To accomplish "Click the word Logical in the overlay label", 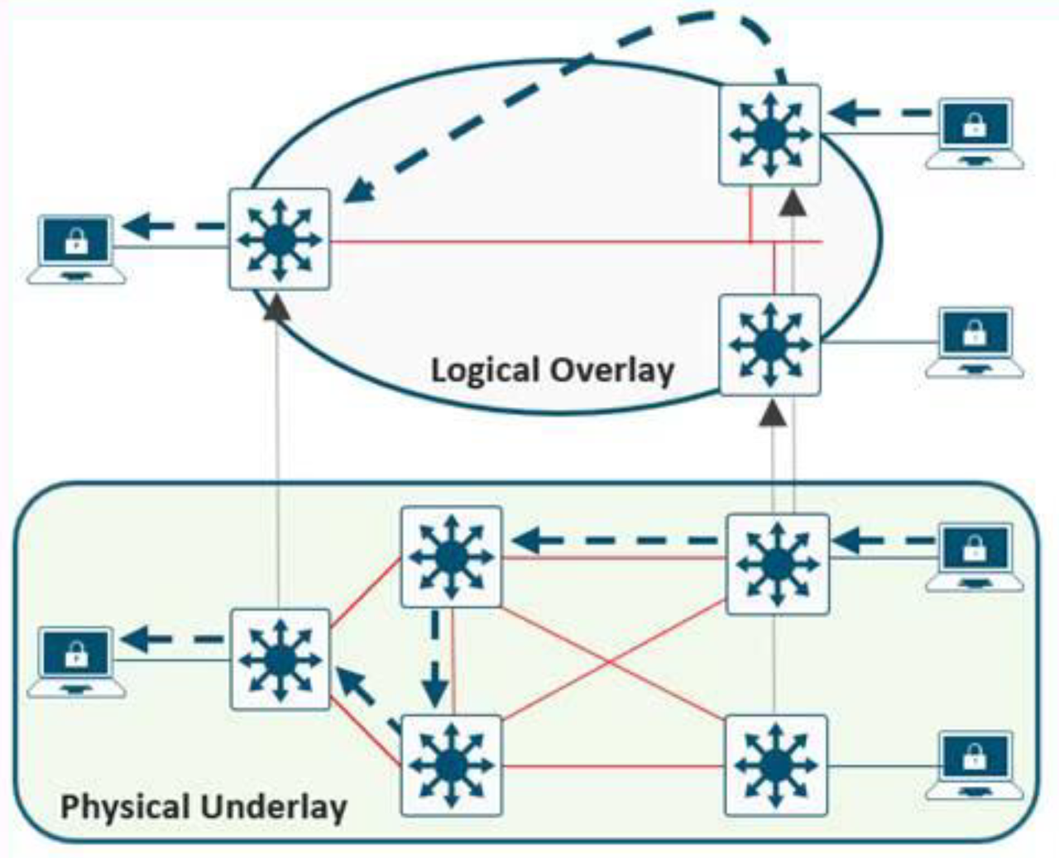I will pyautogui.click(x=482, y=370).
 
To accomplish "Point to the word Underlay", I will pyautogui.click(x=279, y=805).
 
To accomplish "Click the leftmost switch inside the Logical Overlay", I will pyautogui.click(x=280, y=240).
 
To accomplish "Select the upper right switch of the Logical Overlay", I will pyautogui.click(x=769, y=134).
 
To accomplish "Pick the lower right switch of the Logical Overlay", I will pyautogui.click(x=769, y=344).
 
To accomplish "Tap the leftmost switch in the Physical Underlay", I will pyautogui.click(x=280, y=659).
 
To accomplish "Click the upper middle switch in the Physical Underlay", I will pyautogui.click(x=451, y=557).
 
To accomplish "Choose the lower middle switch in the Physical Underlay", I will pyautogui.click(x=451, y=765).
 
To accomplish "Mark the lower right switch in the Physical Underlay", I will pyautogui.click(x=775, y=765).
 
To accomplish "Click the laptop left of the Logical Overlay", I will pyautogui.click(x=76, y=246).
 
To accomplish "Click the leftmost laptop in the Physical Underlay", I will pyautogui.click(x=76, y=659).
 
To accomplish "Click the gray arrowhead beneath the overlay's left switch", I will pyautogui.click(x=279, y=306).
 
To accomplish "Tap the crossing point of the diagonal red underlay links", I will pyautogui.click(x=611, y=661).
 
